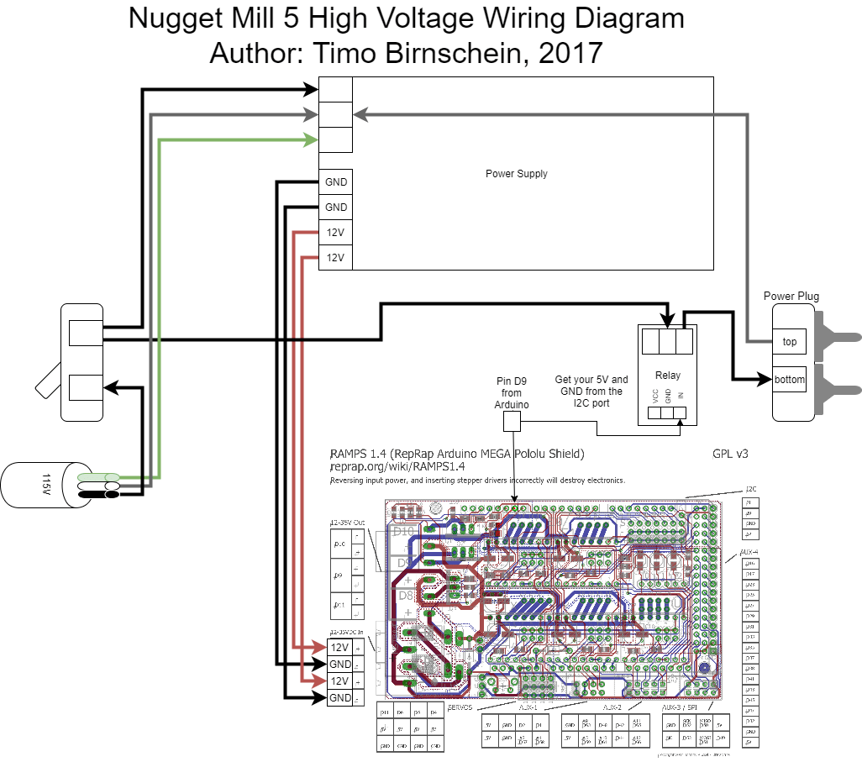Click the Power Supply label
click(516, 174)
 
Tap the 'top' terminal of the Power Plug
click(789, 341)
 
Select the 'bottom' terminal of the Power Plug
click(789, 379)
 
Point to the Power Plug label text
click(791, 296)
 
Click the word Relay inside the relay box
click(667, 376)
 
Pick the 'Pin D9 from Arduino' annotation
click(511, 392)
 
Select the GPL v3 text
click(729, 454)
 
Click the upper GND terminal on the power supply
click(335, 182)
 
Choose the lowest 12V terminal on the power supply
click(335, 257)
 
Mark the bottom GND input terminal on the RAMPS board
click(339, 698)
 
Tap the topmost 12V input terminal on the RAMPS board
click(339, 648)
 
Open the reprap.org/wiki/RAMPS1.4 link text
click(397, 466)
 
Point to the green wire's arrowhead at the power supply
click(311, 139)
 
